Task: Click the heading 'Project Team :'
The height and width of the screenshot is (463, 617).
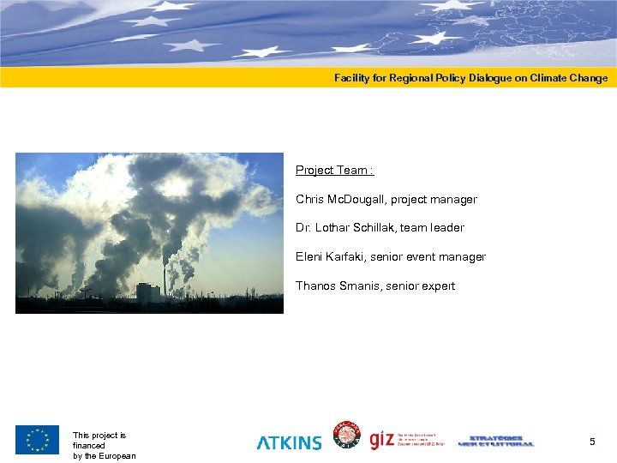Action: (x=334, y=171)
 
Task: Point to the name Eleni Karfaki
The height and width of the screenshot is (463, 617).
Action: (x=330, y=257)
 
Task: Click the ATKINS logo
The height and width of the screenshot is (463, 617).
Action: (x=290, y=442)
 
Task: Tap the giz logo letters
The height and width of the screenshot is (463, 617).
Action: (x=381, y=440)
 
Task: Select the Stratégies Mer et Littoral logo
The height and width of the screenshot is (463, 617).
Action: (x=496, y=440)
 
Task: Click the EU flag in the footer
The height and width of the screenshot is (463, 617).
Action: (x=37, y=440)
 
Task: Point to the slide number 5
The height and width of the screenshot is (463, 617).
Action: (x=591, y=442)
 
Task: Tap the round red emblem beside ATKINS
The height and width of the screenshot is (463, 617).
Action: (x=346, y=436)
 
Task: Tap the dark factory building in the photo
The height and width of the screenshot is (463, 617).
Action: (x=147, y=292)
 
